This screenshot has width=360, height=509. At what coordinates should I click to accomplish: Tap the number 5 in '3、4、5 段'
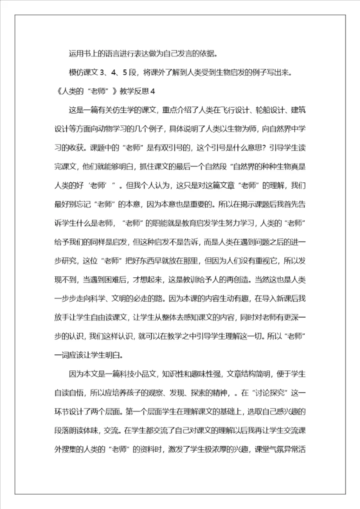[126, 72]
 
